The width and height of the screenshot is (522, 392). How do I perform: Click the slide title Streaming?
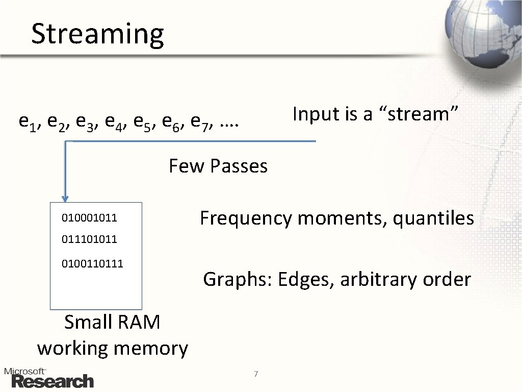[97, 34]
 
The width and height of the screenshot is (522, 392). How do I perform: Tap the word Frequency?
[246, 218]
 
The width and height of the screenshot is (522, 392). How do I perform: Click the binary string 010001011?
[90, 218]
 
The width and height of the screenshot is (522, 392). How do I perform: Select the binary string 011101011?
[90, 239]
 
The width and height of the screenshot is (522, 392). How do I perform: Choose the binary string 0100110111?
[92, 264]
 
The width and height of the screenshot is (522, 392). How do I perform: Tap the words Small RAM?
[112, 323]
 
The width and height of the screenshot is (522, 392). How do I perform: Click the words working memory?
[112, 349]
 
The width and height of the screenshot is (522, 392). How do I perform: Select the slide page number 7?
[256, 375]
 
